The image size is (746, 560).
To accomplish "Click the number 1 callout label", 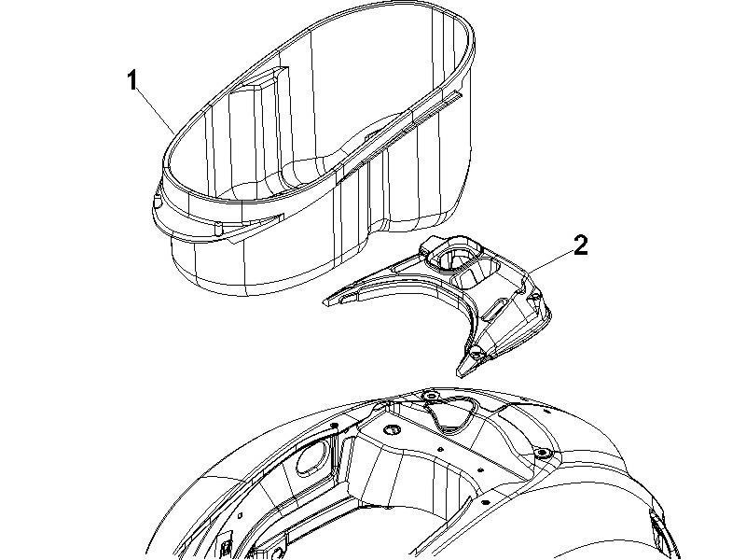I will coord(133,80).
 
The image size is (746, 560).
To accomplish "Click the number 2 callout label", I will coord(581,245).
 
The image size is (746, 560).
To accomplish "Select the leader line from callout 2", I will coord(550,262).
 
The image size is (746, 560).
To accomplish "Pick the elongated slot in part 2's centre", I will coord(498,302).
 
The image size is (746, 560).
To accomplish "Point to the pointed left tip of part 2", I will coord(326,301).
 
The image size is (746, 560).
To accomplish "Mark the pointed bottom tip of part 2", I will coord(459,371).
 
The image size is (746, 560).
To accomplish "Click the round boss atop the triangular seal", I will coord(430,398).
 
